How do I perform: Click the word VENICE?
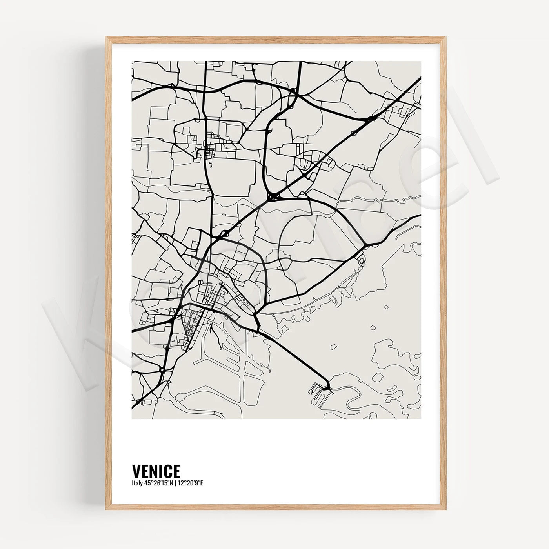[156, 471]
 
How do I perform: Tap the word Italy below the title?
[137, 483]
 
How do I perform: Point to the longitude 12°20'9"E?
[191, 483]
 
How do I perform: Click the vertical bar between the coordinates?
[176, 483]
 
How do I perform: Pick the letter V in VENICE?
[136, 471]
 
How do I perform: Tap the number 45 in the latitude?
[147, 483]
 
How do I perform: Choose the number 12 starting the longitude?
[181, 483]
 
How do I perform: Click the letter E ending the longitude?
[202, 483]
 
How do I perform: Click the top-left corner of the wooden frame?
[106, 38]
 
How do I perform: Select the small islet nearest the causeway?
[334, 347]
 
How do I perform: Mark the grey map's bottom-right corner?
[421, 418]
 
